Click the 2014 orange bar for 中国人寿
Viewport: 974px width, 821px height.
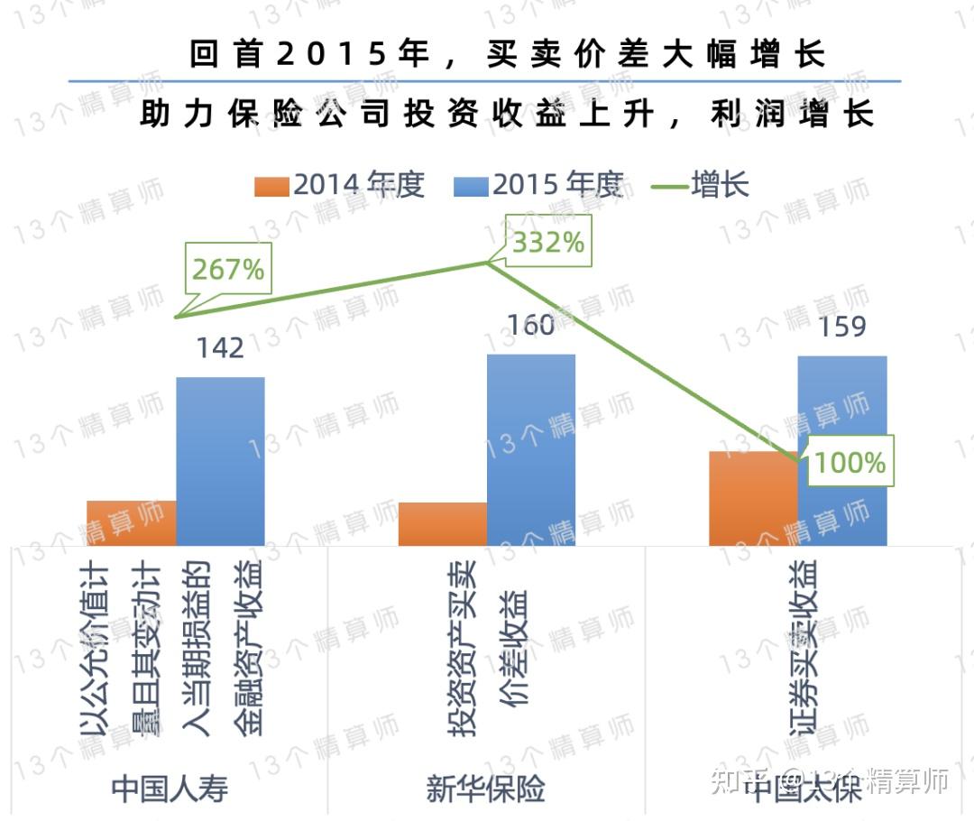[x=131, y=522]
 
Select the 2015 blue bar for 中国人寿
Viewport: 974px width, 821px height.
[x=220, y=460]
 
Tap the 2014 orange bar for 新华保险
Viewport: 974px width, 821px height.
[x=442, y=523]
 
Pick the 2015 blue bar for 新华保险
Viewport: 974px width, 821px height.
[x=531, y=449]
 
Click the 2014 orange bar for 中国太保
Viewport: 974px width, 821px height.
[x=753, y=498]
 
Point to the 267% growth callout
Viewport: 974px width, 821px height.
[x=227, y=268]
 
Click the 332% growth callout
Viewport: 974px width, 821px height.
[x=548, y=242]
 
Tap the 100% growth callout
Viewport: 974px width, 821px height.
[x=849, y=462]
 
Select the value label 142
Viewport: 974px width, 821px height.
[x=220, y=347]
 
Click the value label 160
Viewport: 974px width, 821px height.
[x=531, y=325]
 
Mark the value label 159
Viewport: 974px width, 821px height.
[x=841, y=326]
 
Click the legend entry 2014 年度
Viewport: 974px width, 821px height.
[x=342, y=185]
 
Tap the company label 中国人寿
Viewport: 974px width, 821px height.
[x=170, y=789]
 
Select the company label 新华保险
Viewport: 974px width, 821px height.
[x=486, y=789]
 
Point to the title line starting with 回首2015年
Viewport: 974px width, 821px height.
[x=508, y=54]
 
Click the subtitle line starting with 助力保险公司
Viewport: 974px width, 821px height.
[x=508, y=115]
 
